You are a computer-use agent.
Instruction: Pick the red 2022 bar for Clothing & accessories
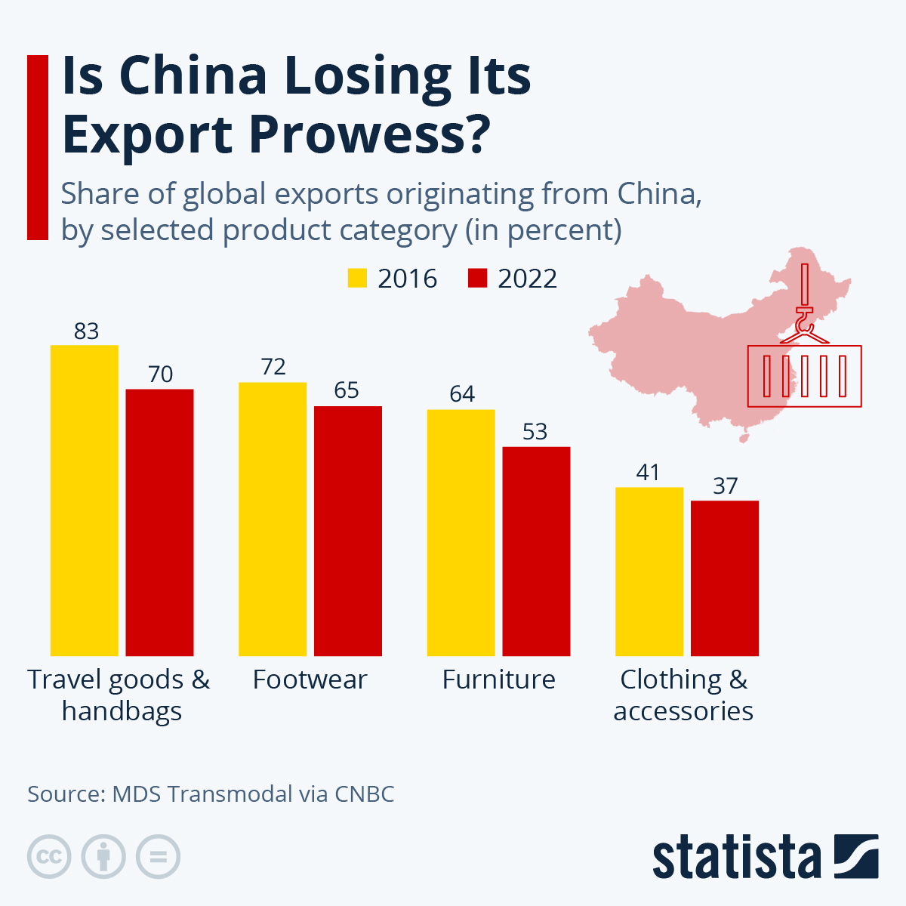(x=724, y=578)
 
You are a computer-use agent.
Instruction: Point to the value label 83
(x=86, y=331)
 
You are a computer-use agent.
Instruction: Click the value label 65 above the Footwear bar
(x=347, y=390)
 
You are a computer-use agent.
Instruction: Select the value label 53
(x=535, y=432)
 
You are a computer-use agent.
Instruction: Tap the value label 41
(x=648, y=473)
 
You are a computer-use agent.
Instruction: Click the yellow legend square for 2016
(x=357, y=278)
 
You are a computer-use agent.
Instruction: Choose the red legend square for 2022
(x=477, y=278)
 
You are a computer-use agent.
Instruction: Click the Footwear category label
(x=310, y=679)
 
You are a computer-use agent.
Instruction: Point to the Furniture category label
(x=498, y=679)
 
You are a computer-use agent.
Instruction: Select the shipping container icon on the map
(x=804, y=376)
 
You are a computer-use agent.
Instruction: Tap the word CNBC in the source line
(x=364, y=794)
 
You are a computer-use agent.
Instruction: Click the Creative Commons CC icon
(x=49, y=857)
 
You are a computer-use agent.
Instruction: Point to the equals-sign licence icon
(x=159, y=857)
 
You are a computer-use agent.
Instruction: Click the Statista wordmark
(x=736, y=858)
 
